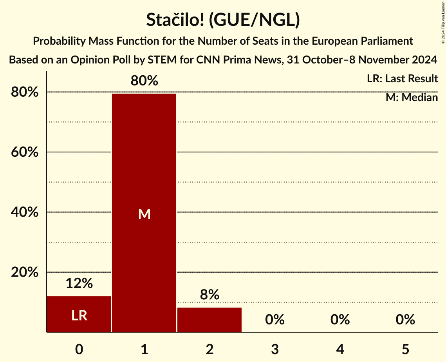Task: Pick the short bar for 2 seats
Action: (209, 320)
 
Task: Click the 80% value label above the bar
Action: (144, 81)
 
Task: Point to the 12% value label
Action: (79, 283)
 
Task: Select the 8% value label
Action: (209, 295)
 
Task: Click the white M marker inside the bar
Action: (144, 214)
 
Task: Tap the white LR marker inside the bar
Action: (79, 315)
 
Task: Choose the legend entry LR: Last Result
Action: (402, 79)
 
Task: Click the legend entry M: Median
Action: (412, 97)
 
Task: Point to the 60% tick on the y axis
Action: (25, 152)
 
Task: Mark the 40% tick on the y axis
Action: (25, 212)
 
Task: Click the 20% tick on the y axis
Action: (25, 272)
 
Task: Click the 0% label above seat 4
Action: (340, 320)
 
